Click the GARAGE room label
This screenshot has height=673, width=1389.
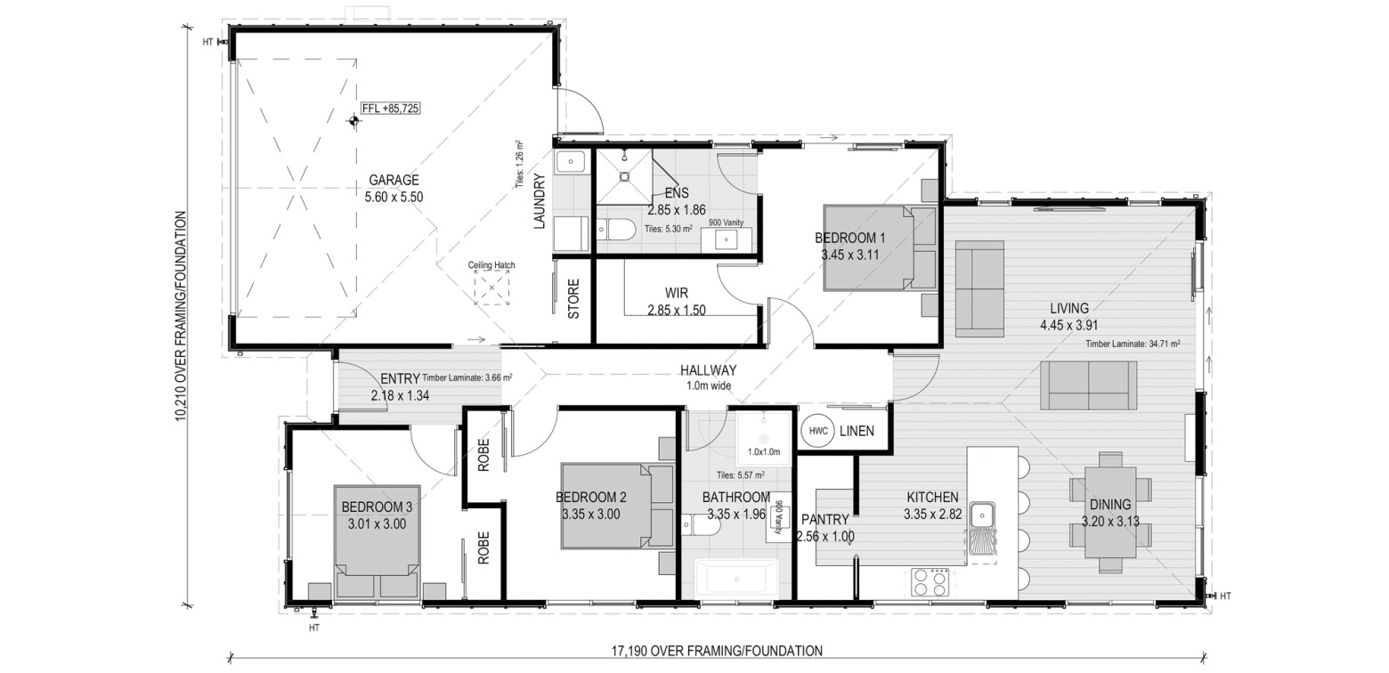[x=394, y=181]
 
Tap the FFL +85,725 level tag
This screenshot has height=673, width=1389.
[x=390, y=109]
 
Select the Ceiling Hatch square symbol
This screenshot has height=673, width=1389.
[x=491, y=288]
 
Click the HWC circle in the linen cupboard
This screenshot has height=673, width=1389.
[x=818, y=432]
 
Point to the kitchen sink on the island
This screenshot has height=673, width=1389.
[x=981, y=515]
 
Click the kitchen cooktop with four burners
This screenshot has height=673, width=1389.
[x=930, y=582]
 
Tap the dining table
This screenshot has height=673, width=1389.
[x=1110, y=513]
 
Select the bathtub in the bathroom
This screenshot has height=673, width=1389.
[x=736, y=578]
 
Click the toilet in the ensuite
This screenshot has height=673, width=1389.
[x=616, y=231]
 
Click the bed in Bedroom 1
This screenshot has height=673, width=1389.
[x=880, y=247]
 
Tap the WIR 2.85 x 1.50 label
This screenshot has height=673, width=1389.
[x=677, y=302]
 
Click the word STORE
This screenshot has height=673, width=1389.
[x=573, y=299]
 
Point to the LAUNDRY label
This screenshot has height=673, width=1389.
[x=539, y=201]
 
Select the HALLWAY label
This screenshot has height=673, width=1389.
[x=708, y=370]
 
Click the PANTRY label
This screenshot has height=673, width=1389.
[x=824, y=519]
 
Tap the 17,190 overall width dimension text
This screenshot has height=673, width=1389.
[x=717, y=652]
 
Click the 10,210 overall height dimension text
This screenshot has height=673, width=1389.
[x=181, y=316]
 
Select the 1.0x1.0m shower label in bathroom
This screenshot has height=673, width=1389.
[x=763, y=451]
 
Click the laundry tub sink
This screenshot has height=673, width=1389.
[x=570, y=162]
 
